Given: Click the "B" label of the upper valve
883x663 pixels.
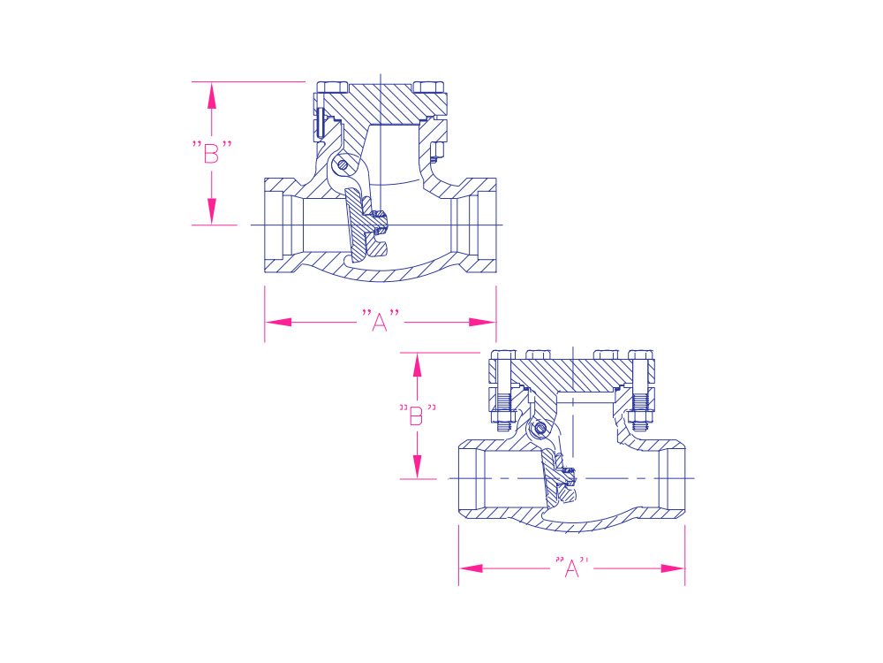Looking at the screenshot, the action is point(212,152).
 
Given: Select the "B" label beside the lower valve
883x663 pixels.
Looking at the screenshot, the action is point(417,415).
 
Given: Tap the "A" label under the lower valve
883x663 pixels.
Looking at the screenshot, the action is point(571,568).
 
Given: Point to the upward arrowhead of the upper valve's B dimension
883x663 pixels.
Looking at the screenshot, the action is point(212,95).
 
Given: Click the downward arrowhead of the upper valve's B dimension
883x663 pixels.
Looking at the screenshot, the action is point(212,211).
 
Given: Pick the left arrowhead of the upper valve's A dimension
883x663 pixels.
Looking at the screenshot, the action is point(278,322).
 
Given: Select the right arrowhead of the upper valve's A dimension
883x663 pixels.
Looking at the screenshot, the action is point(483,322).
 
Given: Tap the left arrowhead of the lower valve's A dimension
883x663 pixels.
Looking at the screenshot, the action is point(472,568).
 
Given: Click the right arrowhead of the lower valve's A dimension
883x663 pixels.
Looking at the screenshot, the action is point(672,568).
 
